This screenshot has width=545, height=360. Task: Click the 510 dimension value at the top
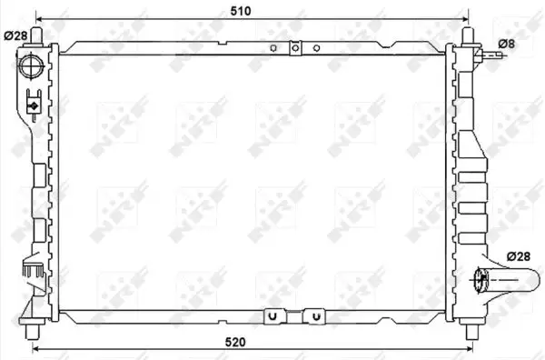[x=241, y=11]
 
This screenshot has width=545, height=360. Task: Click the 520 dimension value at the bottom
[x=235, y=342]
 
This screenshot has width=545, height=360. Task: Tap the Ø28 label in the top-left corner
[x=15, y=35]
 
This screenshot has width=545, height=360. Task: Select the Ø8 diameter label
[x=507, y=44]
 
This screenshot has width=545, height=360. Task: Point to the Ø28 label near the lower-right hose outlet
[x=519, y=256]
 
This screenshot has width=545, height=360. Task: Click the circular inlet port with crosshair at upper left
[x=31, y=66]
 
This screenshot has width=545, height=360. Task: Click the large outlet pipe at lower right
[x=507, y=280]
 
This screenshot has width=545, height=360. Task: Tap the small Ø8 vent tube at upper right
[x=490, y=55]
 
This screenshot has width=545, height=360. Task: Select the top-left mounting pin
[x=36, y=36]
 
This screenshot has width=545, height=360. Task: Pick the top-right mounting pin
[x=468, y=36]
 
